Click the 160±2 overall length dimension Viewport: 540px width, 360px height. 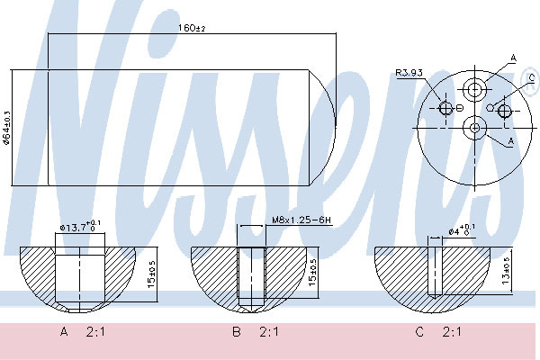(192, 28)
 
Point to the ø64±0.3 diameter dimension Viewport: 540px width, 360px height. (7, 128)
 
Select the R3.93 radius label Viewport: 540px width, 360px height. (409, 73)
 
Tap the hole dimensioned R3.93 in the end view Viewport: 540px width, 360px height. (445, 109)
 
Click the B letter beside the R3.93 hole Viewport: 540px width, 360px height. (460, 109)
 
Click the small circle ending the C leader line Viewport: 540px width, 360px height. (490, 107)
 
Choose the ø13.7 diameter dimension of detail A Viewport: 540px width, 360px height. (80, 227)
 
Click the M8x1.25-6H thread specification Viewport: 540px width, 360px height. (301, 220)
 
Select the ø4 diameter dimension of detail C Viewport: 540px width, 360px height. (462, 229)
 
